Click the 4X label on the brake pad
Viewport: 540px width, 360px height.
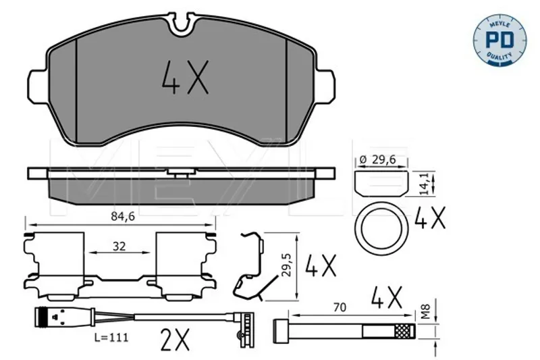click(185, 77)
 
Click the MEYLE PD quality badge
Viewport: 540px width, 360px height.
click(500, 40)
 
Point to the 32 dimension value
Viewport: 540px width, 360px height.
click(119, 247)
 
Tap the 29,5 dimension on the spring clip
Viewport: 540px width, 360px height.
click(286, 265)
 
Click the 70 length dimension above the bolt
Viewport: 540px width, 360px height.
click(340, 307)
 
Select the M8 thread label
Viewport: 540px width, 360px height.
click(426, 311)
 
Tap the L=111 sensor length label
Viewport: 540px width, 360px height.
click(111, 337)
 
